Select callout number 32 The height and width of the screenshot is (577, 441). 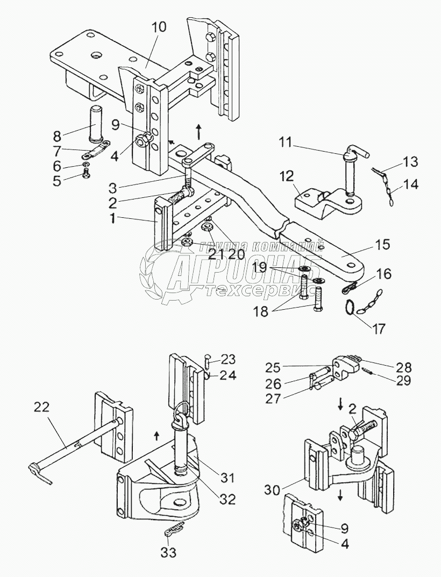click(x=227, y=499)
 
